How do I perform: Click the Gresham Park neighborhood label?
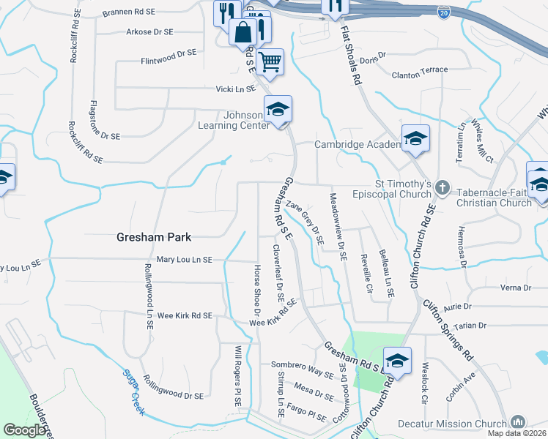[x=154, y=237]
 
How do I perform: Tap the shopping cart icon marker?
[x=270, y=61]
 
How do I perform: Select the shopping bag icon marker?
[x=242, y=31]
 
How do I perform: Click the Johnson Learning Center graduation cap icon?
[x=278, y=110]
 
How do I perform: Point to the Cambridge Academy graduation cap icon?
[x=415, y=138]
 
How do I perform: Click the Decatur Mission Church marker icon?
[x=518, y=422]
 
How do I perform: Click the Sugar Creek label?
[x=133, y=393]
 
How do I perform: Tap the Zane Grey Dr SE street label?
[x=305, y=222]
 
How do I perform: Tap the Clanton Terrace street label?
[x=420, y=70]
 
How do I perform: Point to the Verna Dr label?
[x=515, y=288]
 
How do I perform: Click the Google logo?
[x=25, y=430]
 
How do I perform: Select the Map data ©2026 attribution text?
[x=517, y=433]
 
